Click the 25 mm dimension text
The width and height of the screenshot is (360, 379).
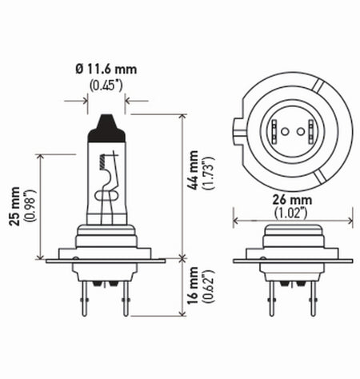click(14, 207)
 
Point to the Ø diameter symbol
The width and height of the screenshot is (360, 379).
click(80, 70)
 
